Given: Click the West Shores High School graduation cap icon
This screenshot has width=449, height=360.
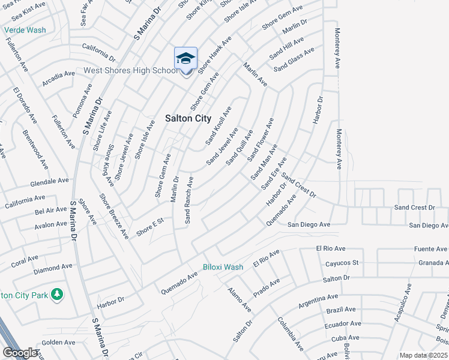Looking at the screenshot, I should (x=186, y=59).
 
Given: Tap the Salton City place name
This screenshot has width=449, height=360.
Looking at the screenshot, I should (x=188, y=118).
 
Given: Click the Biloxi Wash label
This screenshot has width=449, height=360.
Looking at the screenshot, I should (x=223, y=266).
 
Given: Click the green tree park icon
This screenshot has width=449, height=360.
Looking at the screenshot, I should (x=57, y=294).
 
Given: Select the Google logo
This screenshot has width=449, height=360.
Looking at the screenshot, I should (x=20, y=353).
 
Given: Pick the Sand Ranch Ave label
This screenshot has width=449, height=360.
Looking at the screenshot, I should (x=188, y=200).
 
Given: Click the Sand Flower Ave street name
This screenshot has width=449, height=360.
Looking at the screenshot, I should (x=261, y=140).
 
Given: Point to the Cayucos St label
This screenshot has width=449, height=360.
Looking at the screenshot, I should (x=342, y=263).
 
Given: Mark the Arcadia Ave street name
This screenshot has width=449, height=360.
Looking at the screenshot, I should (x=59, y=78).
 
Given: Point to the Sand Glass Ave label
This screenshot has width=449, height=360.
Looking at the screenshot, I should (x=294, y=60).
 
